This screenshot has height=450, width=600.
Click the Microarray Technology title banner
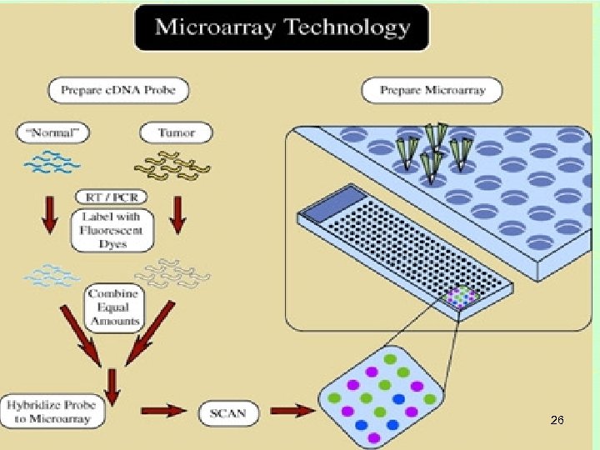(282, 28)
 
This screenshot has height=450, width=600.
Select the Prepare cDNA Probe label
(118, 90)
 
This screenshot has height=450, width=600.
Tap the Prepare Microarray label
(433, 90)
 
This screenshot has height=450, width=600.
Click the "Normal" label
(52, 132)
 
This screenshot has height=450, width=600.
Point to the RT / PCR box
(112, 197)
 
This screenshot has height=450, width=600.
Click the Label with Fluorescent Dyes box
(112, 230)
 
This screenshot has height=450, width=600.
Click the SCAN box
(228, 412)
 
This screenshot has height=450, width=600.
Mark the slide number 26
(557, 421)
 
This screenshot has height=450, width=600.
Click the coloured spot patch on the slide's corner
(461, 297)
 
